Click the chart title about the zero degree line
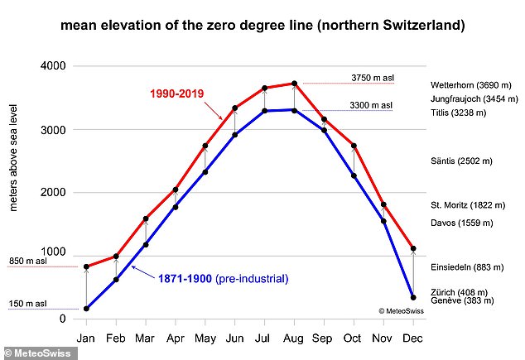pos(262,26)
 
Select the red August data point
pos(294,84)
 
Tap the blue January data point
pos(86,309)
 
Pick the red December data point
pos(413,248)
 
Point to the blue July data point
pos(264,111)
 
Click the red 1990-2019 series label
pos(176,94)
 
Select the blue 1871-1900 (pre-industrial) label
pos(223,279)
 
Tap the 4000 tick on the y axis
pos(53,65)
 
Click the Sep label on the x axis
pos(322,338)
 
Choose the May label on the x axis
pos(205,338)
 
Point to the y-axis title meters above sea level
pos(13,157)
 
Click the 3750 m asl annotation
pos(373,78)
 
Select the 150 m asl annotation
pos(28,304)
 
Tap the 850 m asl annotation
pos(28,261)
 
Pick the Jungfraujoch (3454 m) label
pos(474,99)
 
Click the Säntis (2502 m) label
pos(461,161)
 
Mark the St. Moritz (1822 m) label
pos(468,205)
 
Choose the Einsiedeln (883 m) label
pos(467,267)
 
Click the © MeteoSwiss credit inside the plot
pos(401,311)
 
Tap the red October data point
pos(354,146)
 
